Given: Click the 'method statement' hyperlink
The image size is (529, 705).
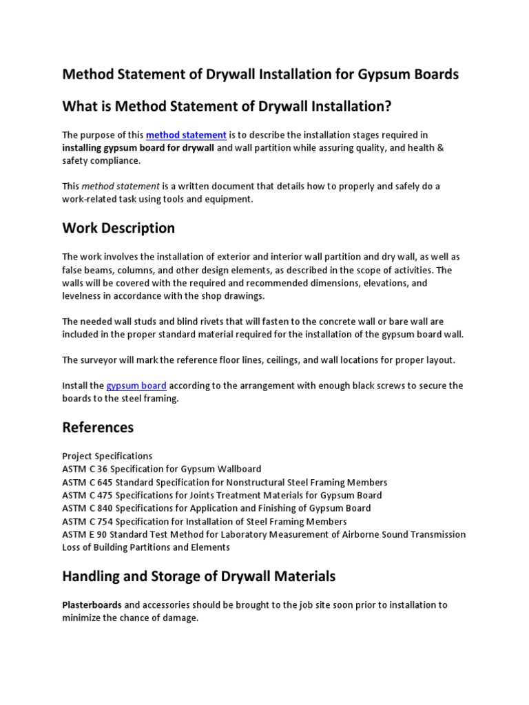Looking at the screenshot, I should [x=186, y=135].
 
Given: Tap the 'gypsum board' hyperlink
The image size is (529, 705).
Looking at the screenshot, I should [x=136, y=386].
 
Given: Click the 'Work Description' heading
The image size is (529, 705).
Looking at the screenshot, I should [x=118, y=228].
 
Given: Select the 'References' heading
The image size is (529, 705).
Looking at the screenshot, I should [x=98, y=428].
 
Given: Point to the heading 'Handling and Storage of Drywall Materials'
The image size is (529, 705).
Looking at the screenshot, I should [x=199, y=576].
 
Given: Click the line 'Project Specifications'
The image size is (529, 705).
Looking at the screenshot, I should [x=107, y=456].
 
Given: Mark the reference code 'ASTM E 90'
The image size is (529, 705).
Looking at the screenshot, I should [x=85, y=534].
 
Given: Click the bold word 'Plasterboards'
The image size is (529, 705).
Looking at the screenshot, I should [x=92, y=605].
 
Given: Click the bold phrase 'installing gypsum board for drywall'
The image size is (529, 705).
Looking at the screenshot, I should [x=138, y=148].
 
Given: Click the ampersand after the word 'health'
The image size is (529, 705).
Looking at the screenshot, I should [x=441, y=148].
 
